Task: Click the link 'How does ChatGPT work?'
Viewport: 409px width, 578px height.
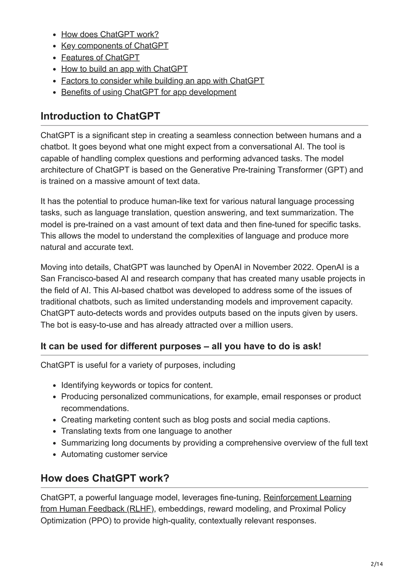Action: (x=110, y=34)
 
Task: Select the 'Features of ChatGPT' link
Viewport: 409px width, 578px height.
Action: (x=100, y=57)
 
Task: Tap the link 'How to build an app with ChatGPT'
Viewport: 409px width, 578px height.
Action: (x=124, y=69)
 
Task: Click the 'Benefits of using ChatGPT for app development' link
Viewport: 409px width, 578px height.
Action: (x=149, y=92)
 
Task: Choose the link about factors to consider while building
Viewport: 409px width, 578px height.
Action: (x=163, y=81)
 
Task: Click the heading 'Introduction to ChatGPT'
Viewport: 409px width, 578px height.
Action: (x=100, y=116)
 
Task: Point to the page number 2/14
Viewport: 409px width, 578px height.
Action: (x=377, y=564)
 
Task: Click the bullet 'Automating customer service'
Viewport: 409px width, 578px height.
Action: (x=114, y=454)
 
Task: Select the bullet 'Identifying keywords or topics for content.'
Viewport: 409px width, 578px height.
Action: (x=137, y=385)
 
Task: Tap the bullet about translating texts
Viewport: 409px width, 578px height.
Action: (x=146, y=431)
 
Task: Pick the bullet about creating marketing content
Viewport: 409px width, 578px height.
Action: (x=195, y=420)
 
